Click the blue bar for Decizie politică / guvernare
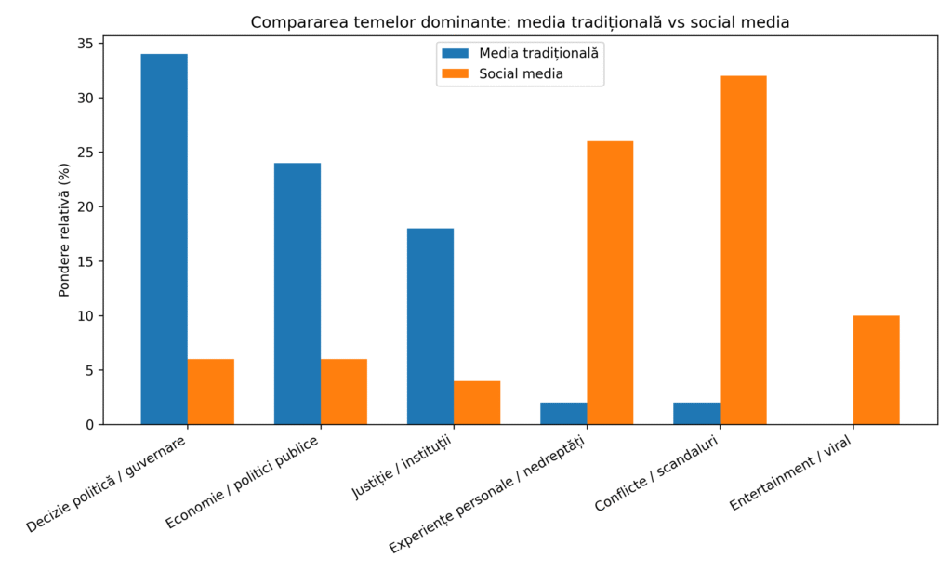[x=164, y=239]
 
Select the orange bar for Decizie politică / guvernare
[x=210, y=392]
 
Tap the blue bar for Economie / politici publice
[x=297, y=294]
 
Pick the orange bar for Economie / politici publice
[x=344, y=392]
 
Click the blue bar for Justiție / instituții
[x=430, y=326]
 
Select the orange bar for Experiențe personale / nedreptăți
[x=610, y=283]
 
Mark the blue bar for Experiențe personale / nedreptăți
[x=563, y=414]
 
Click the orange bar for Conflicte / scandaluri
[x=743, y=250]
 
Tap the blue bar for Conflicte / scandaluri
[x=696, y=414]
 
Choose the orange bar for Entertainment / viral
[x=876, y=370]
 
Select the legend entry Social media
[x=521, y=73]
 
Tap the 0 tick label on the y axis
[x=88, y=425]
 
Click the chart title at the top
[x=520, y=22]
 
